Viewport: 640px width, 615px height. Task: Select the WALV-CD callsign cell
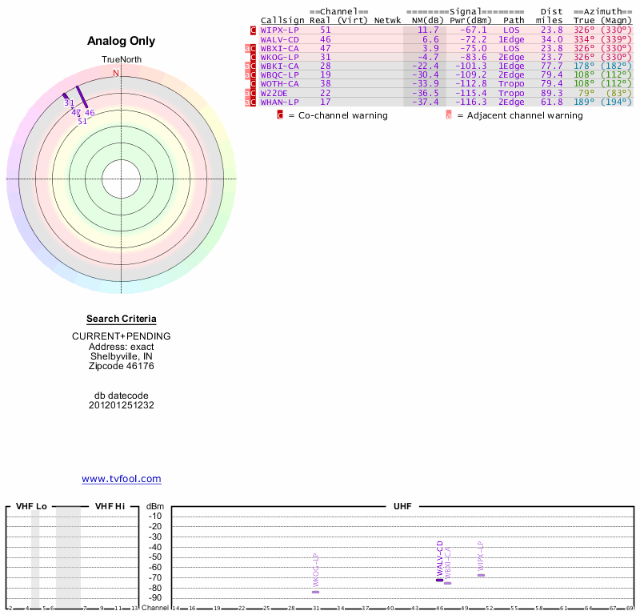coord(279,39)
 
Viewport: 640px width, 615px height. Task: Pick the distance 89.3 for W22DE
coord(552,93)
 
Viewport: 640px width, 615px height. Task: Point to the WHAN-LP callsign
coord(279,102)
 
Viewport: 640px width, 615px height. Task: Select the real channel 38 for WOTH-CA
coord(325,83)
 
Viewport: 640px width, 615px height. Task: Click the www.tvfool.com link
coord(122,479)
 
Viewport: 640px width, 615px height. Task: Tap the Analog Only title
coord(121,41)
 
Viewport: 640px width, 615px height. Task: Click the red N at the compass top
coord(116,74)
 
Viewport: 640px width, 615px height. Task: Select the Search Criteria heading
coord(122,319)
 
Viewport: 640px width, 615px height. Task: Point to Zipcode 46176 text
coord(122,366)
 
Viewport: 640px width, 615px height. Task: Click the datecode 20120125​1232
coord(122,405)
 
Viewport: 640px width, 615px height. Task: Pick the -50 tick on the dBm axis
coord(155,557)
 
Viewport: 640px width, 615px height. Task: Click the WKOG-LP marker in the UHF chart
coord(315,592)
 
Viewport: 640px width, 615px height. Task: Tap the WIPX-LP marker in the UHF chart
coord(481,575)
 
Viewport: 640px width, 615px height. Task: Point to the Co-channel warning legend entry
coord(337,115)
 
